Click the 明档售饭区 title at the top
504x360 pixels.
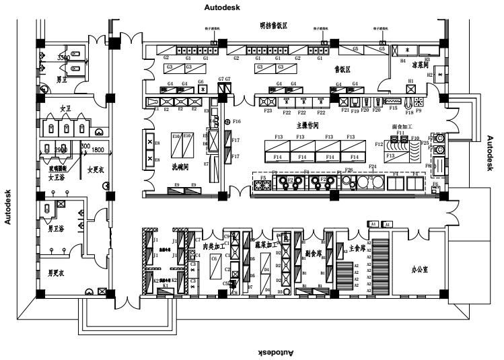[274, 25]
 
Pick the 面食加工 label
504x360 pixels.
[403, 127]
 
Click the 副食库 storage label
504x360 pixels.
[314, 254]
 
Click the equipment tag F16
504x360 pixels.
[236, 121]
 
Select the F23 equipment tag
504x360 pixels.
[268, 110]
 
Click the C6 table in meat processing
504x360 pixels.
[215, 258]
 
